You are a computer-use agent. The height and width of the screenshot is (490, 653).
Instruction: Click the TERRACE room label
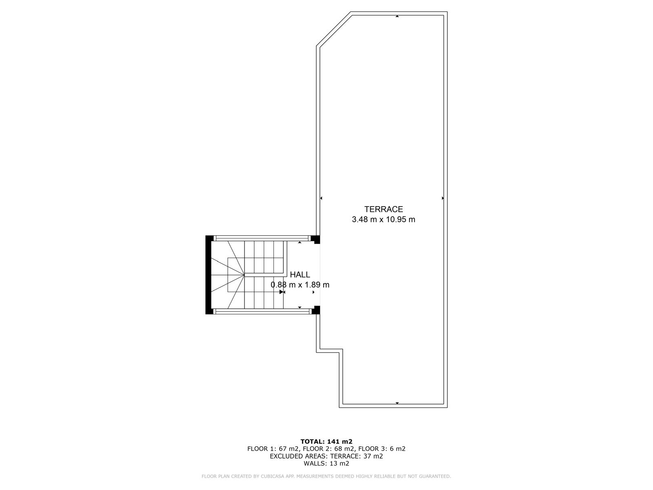click(384, 209)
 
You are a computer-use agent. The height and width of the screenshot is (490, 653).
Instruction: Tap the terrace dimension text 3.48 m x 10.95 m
click(384, 220)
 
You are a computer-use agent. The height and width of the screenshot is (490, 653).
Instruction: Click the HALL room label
click(300, 274)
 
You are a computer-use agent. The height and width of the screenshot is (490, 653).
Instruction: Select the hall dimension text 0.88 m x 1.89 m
click(300, 285)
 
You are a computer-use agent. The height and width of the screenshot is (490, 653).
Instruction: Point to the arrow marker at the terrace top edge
click(397, 16)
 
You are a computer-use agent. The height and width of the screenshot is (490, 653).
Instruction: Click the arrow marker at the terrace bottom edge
click(397, 403)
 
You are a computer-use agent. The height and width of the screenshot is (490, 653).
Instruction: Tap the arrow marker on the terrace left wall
click(321, 198)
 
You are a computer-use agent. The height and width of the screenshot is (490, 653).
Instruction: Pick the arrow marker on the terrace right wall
click(443, 198)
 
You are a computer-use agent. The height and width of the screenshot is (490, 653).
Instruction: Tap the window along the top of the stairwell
click(262, 238)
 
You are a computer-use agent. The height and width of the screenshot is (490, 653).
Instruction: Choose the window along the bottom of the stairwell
click(262, 312)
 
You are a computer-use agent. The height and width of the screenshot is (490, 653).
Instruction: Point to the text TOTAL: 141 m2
click(326, 441)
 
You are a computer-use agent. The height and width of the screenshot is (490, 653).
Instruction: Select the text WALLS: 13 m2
click(326, 463)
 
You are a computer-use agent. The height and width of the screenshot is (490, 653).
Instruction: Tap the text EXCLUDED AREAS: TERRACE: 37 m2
click(326, 456)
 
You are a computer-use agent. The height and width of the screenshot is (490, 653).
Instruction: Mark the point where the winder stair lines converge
click(244, 275)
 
